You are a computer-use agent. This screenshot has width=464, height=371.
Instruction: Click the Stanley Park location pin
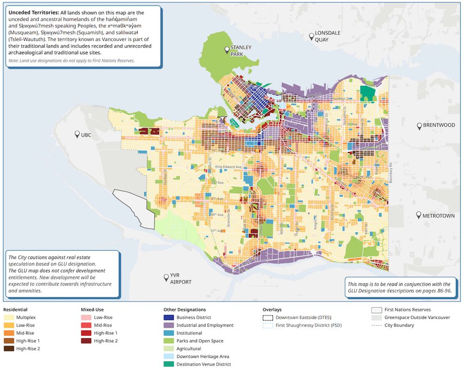pos(227,50)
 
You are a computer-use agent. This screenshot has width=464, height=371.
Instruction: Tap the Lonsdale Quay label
pos(327,36)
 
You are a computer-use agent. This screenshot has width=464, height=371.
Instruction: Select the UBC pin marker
pos(77,134)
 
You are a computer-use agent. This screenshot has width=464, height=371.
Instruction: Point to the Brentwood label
pos(439,126)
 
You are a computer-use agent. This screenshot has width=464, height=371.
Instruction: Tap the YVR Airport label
pos(181,279)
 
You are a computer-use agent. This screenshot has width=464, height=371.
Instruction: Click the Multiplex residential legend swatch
pos(8,318)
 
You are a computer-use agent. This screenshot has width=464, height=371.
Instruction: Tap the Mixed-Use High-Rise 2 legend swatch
pos(86,341)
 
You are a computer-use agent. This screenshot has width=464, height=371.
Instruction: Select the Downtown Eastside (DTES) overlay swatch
pos(267,318)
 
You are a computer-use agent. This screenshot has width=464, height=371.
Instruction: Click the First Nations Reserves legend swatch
pos(376,310)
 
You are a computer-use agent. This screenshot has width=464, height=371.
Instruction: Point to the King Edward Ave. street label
pos(229,167)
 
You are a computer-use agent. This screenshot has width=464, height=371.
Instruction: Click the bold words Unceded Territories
pos(33,12)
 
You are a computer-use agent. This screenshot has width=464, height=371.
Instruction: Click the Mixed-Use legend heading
pos(92,310)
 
